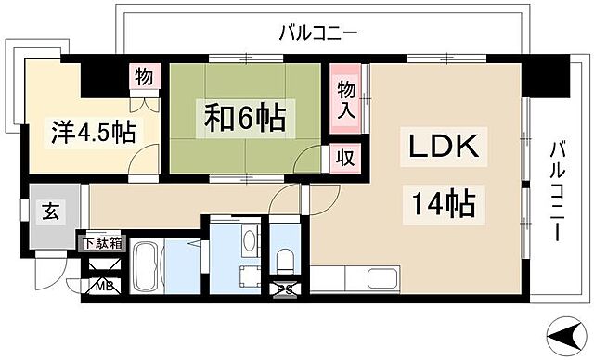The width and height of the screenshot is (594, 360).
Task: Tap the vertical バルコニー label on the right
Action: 557,189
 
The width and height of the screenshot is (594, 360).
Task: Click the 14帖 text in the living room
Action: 439,202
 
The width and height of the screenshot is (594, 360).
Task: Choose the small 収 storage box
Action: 342,158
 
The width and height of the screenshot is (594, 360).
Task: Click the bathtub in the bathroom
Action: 147,267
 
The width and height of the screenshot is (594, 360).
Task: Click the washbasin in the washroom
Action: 249,240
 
